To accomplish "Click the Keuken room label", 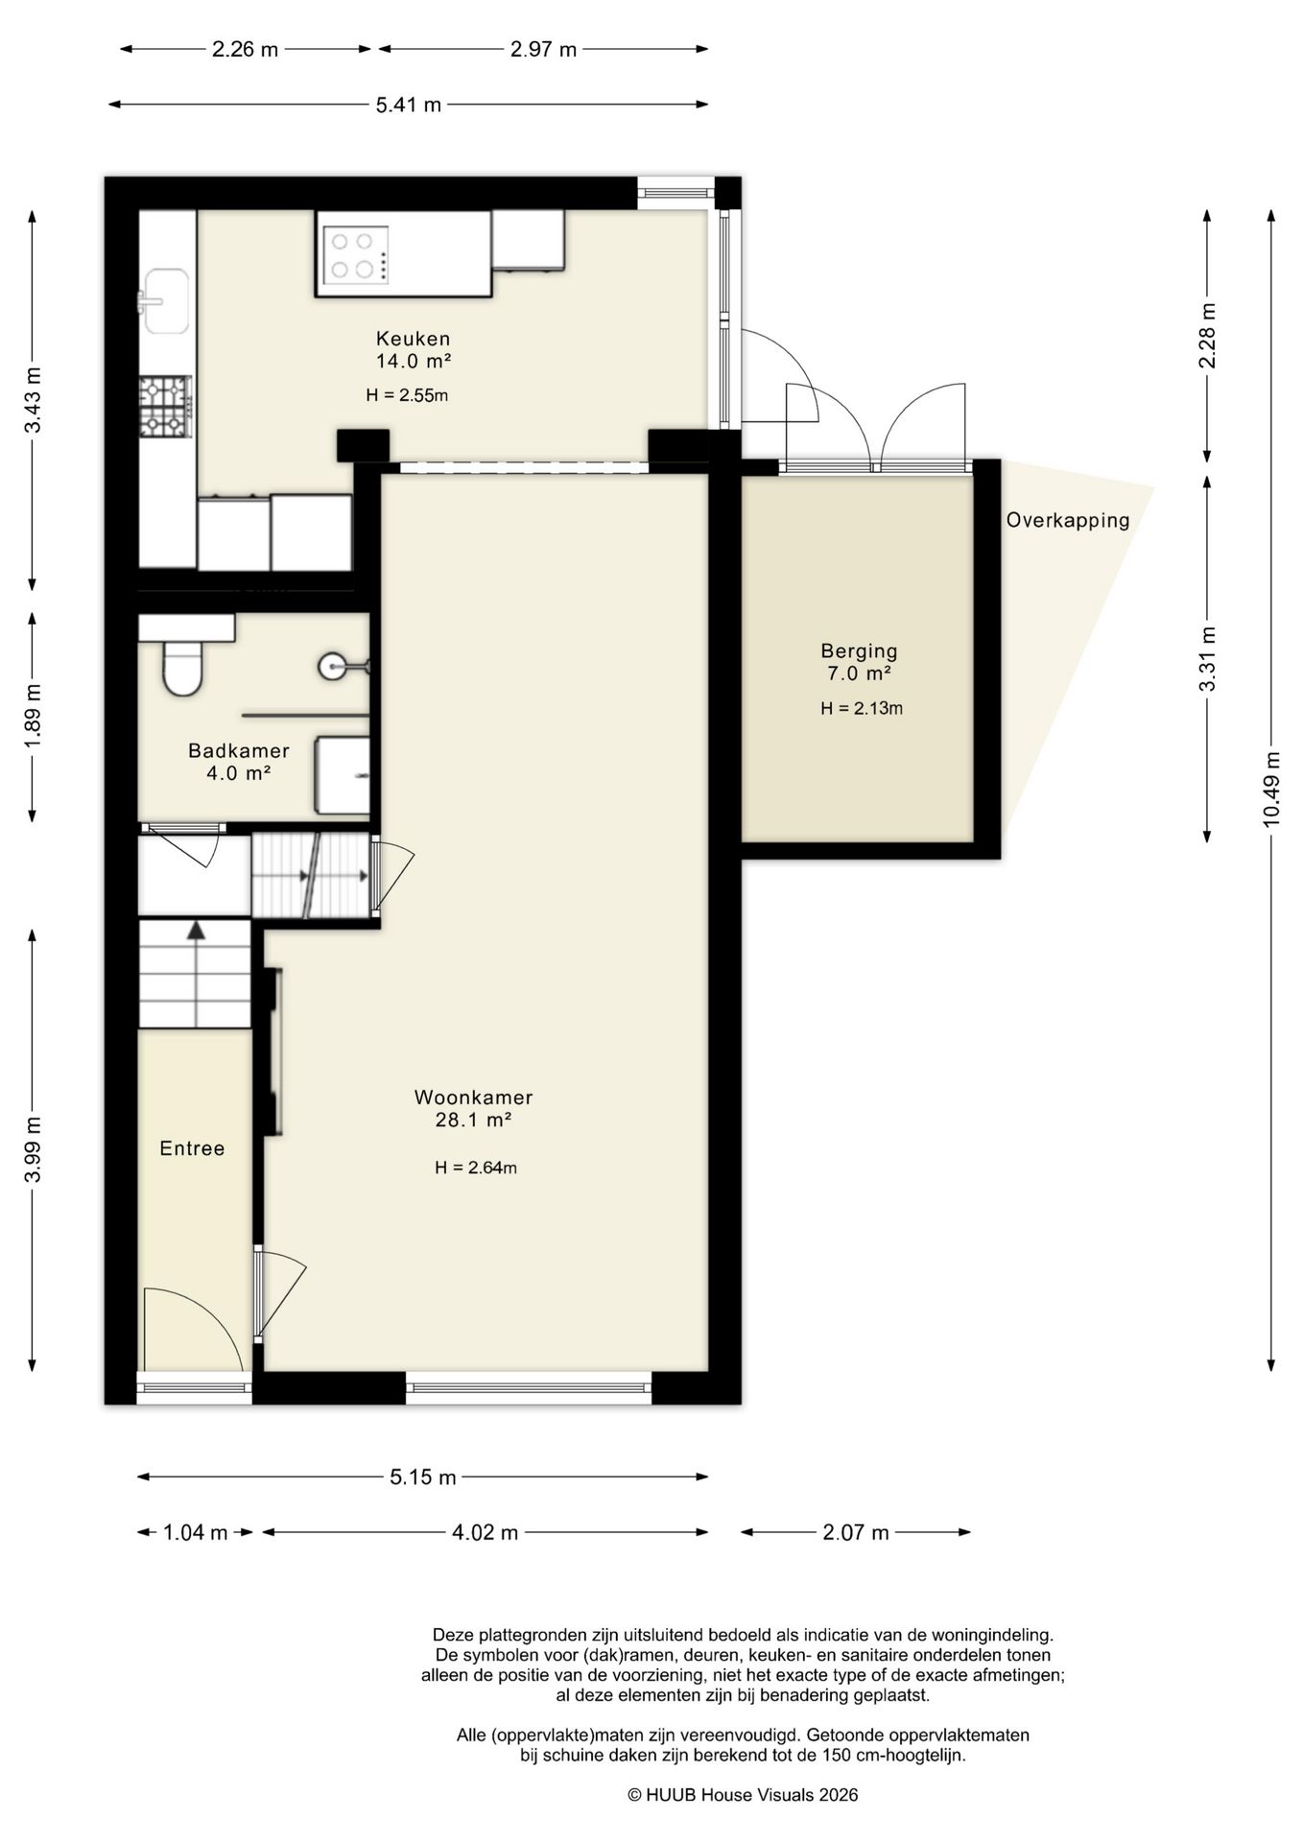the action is [x=413, y=339].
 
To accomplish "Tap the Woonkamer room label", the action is [x=473, y=1098].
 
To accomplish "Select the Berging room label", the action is [x=859, y=652].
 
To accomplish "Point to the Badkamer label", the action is [x=239, y=750].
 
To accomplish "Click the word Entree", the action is [x=192, y=1148].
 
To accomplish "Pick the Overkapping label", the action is [x=1068, y=521].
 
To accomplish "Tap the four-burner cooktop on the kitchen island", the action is [x=356, y=255].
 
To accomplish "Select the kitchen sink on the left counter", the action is [x=165, y=301].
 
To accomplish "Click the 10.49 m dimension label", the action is [x=1271, y=789].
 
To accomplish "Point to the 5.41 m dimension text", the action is [x=409, y=105].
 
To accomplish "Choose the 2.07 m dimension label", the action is [x=856, y=1532].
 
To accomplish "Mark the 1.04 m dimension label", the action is [x=196, y=1532].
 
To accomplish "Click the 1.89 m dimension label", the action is [x=33, y=718].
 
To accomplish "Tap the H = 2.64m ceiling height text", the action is [x=476, y=1168].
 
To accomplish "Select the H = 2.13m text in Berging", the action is [x=862, y=709].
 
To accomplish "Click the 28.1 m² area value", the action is [x=473, y=1120].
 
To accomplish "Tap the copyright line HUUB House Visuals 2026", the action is [x=743, y=1795].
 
